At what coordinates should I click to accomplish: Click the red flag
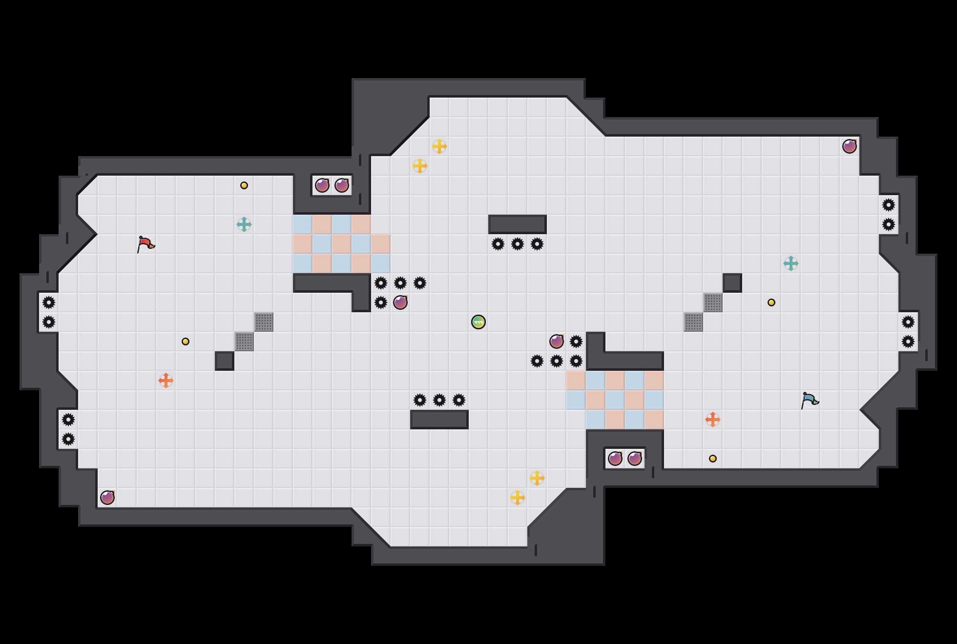pyautogui.click(x=146, y=244)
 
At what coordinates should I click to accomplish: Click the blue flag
pyautogui.click(x=810, y=400)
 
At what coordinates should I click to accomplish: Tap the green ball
pyautogui.click(x=478, y=322)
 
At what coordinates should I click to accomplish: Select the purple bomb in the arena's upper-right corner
pyautogui.click(x=850, y=146)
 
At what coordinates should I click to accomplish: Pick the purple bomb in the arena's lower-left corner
pyautogui.click(x=107, y=498)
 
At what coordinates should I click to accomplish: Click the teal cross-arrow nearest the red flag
pyautogui.click(x=244, y=224)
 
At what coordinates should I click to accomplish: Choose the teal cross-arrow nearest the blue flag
pyautogui.click(x=791, y=263)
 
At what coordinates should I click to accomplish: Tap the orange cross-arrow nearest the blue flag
pyautogui.click(x=713, y=420)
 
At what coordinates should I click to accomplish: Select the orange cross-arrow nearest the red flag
pyautogui.click(x=166, y=381)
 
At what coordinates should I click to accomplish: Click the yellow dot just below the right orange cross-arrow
pyautogui.click(x=713, y=459)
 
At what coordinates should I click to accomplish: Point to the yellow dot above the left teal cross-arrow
pyautogui.click(x=244, y=185)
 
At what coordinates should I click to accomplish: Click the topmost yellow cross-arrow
pyautogui.click(x=439, y=146)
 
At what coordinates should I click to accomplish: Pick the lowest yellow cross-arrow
pyautogui.click(x=518, y=498)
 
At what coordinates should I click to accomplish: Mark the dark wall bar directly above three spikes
pyautogui.click(x=518, y=224)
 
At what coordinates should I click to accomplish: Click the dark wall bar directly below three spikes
pyautogui.click(x=439, y=420)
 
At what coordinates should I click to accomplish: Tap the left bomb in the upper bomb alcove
pyautogui.click(x=322, y=185)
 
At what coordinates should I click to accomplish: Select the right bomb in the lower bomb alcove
pyautogui.click(x=635, y=459)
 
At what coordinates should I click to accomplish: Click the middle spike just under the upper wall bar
pyautogui.click(x=518, y=244)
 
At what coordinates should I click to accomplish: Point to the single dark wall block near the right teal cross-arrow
pyautogui.click(x=732, y=283)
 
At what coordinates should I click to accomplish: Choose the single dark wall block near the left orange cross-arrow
pyautogui.click(x=225, y=361)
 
